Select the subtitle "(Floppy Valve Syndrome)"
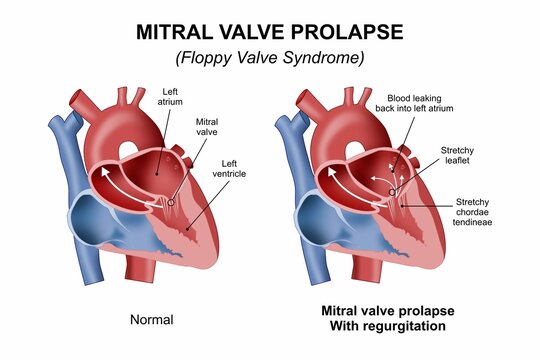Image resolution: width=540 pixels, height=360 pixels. point(269,58)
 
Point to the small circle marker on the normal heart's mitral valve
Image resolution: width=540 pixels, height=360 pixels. point(171,202)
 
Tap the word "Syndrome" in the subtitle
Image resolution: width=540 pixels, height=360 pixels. point(319,58)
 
